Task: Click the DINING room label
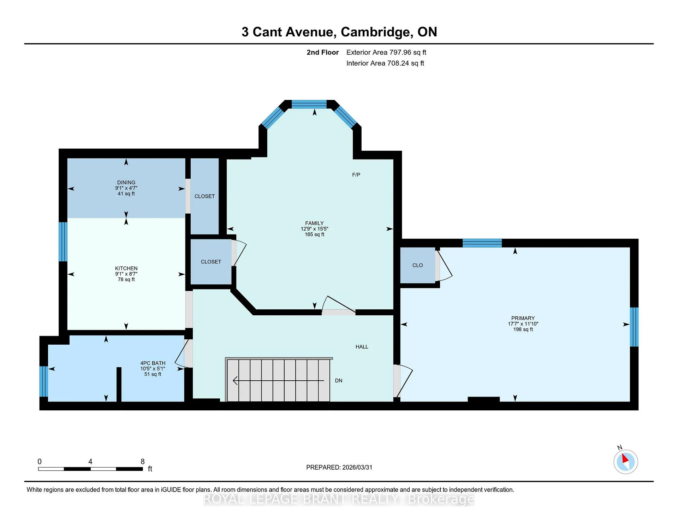click(126, 183)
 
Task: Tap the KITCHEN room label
click(126, 268)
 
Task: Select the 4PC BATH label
click(153, 363)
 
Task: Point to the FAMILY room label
click(314, 223)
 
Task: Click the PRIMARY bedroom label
click(523, 318)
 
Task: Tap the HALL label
click(362, 347)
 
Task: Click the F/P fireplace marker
click(356, 175)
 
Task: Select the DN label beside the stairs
click(339, 381)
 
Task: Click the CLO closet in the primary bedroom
click(418, 265)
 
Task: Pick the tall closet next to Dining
click(205, 196)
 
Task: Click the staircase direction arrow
click(279, 381)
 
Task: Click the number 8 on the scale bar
click(143, 462)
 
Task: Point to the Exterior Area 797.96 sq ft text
click(386, 52)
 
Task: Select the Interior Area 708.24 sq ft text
click(385, 63)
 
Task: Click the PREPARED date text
click(339, 467)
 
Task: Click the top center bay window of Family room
click(309, 104)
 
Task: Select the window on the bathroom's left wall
click(44, 381)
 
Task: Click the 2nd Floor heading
click(322, 52)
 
